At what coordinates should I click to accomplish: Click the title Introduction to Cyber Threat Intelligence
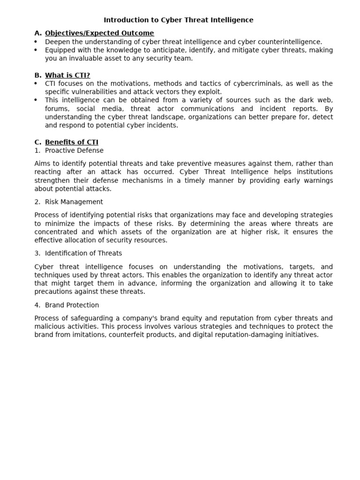(x=178, y=20)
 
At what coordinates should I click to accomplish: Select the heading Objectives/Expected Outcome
(x=99, y=33)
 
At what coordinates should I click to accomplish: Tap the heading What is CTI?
(x=67, y=75)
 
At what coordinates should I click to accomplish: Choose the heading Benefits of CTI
(x=72, y=142)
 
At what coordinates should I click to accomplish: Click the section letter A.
(x=37, y=33)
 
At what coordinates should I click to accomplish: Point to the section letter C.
(x=37, y=142)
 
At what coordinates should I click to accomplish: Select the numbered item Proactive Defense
(x=74, y=150)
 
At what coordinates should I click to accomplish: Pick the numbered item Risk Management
(x=74, y=202)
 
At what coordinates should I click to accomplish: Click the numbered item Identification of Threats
(x=83, y=254)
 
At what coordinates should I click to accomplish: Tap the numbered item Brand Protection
(x=72, y=305)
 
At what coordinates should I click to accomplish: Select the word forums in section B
(x=57, y=109)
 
